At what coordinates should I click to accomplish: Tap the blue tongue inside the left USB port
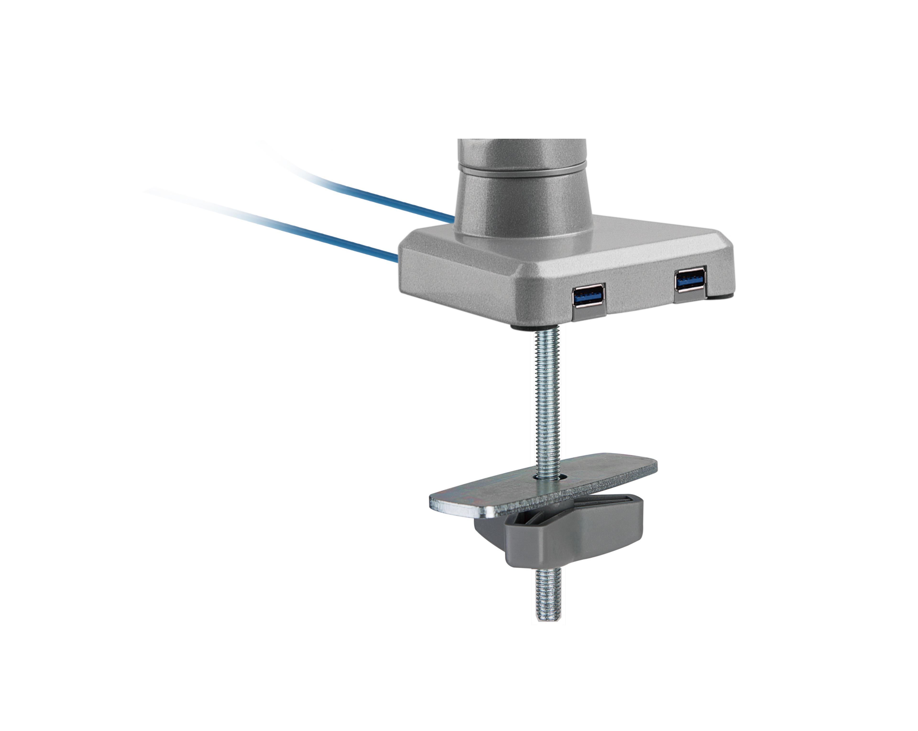(x=588, y=295)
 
